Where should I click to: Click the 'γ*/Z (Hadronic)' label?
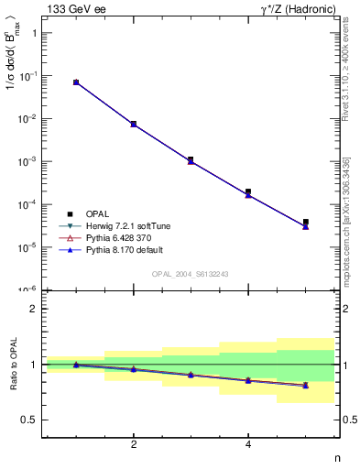pyautogui.click(x=295, y=9)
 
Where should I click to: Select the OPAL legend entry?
pyautogui.click(x=97, y=213)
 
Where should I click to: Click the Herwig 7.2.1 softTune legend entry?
pyautogui.click(x=123, y=224)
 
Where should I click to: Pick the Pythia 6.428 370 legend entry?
pyautogui.click(x=116, y=236)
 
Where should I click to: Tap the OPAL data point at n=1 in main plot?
pyautogui.click(x=76, y=82)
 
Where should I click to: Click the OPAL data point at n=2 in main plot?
pyautogui.click(x=134, y=124)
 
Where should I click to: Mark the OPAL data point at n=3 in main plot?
pyautogui.click(x=191, y=159)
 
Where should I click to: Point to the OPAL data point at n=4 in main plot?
pyautogui.click(x=248, y=191)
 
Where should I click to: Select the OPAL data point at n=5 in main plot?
pyautogui.click(x=305, y=222)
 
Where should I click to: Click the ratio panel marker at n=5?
pyautogui.click(x=305, y=386)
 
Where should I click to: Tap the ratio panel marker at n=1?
pyautogui.click(x=76, y=365)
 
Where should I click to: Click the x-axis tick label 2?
pyautogui.click(x=134, y=444)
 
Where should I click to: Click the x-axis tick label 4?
pyautogui.click(x=248, y=444)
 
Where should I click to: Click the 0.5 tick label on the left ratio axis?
pyautogui.click(x=29, y=420)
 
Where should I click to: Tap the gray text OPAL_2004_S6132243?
pyautogui.click(x=190, y=273)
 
